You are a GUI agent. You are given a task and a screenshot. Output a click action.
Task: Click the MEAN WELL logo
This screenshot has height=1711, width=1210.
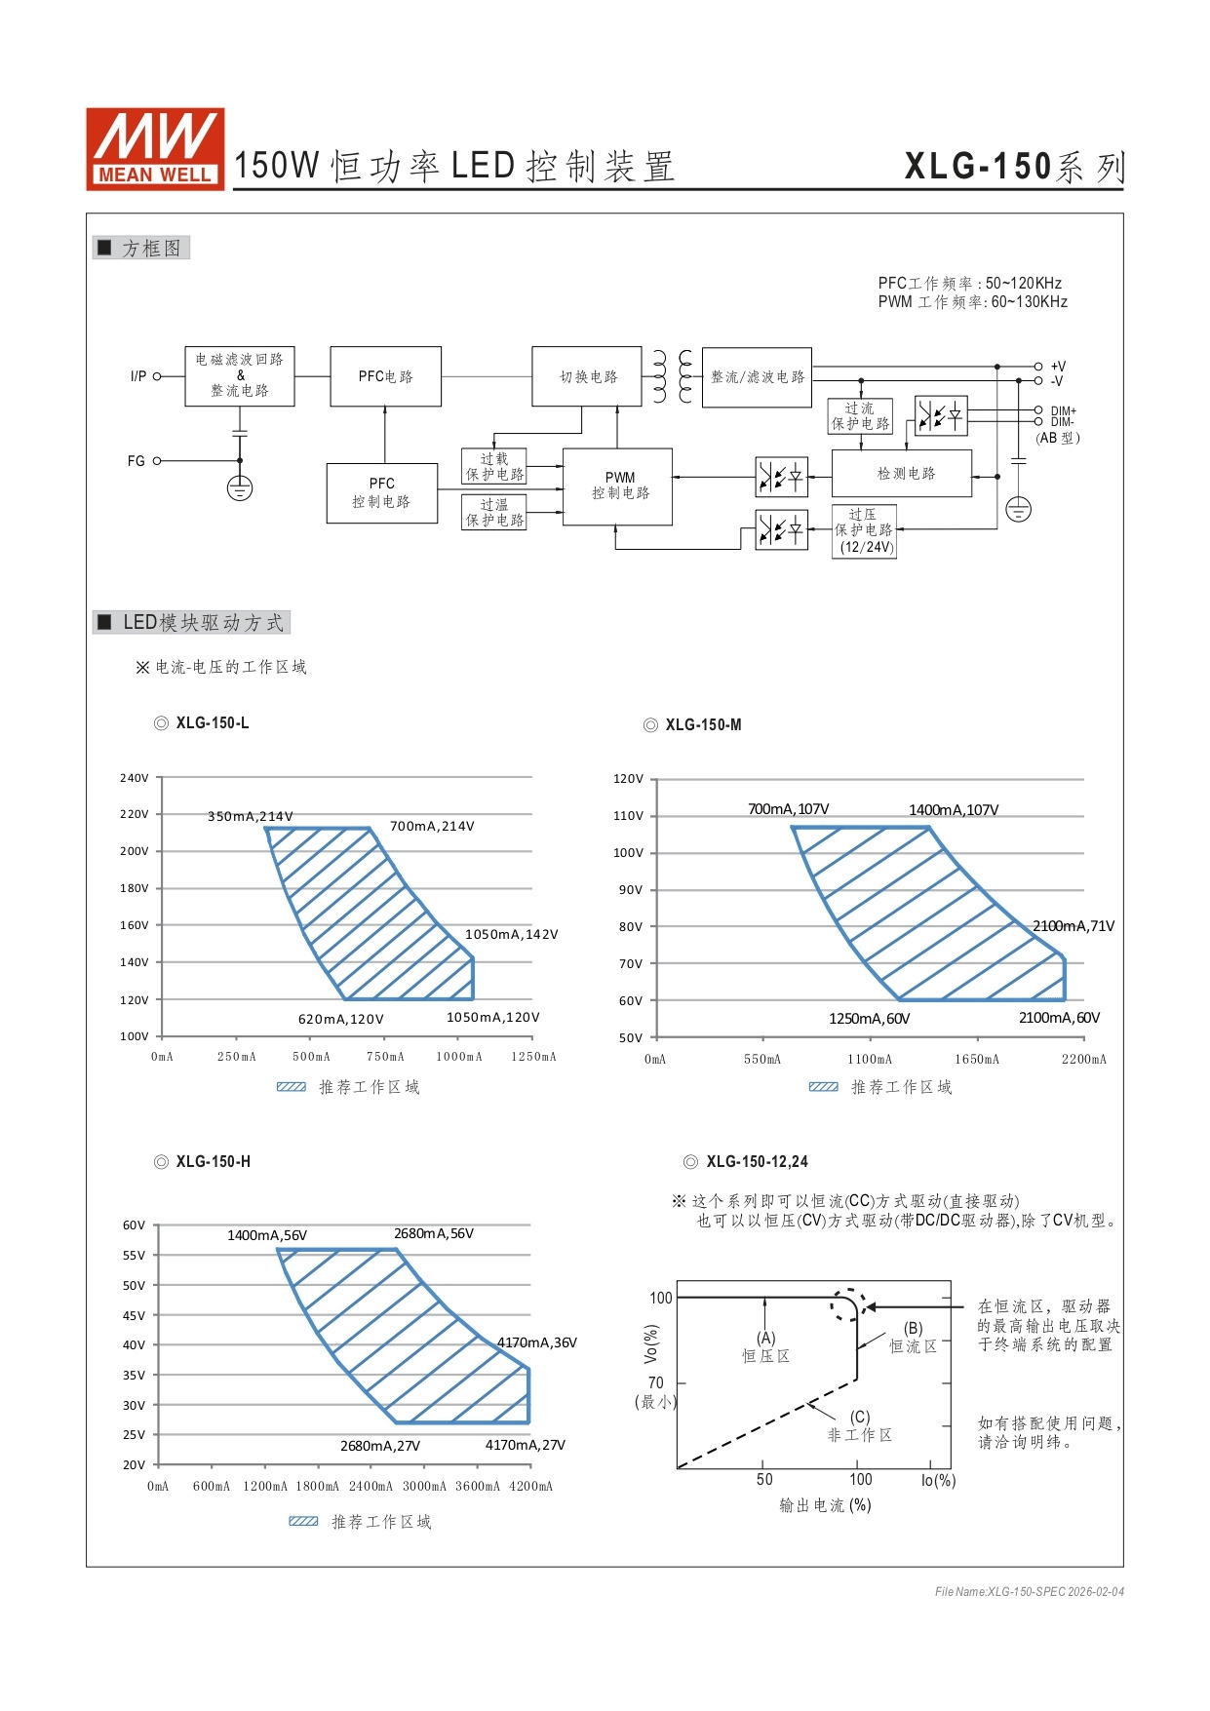155,148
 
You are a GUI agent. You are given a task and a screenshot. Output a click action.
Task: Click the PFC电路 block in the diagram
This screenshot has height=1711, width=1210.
385,376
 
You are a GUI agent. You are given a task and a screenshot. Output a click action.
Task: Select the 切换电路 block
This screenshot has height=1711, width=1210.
587,376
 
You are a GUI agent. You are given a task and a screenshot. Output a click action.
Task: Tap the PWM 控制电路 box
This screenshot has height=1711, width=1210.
618,486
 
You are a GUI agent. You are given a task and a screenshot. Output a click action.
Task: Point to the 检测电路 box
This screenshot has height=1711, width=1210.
902,474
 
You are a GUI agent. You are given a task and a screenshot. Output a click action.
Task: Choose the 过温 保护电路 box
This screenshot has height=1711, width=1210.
494,512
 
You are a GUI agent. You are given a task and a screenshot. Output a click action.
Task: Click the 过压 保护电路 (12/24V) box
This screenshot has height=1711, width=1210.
864,530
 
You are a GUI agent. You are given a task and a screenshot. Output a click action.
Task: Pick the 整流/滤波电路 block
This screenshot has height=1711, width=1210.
757,377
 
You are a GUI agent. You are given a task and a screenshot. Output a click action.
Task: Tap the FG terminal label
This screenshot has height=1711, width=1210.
136,461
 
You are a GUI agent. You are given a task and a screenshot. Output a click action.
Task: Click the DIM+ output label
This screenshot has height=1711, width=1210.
1063,411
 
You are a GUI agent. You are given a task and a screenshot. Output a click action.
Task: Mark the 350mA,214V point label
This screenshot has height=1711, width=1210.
250,816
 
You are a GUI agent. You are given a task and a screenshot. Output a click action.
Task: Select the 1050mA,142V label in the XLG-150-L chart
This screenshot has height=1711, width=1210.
511,934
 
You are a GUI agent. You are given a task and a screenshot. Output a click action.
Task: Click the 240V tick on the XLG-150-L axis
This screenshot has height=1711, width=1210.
135,778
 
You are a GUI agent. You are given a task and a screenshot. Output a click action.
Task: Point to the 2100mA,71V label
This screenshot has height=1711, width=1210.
1073,926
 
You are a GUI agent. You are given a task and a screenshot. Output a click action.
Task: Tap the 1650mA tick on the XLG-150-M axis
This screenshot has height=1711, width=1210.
976,1059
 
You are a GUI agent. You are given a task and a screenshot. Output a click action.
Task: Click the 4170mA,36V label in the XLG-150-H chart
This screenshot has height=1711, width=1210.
537,1342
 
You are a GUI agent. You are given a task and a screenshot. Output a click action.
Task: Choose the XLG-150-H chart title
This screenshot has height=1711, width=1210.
213,1161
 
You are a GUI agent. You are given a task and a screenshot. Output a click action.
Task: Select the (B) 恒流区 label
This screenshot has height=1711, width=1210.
913,1338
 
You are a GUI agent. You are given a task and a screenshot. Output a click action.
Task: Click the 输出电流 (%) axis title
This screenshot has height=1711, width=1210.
825,1505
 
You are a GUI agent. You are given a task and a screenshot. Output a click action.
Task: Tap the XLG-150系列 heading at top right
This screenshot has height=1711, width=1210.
1014,167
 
